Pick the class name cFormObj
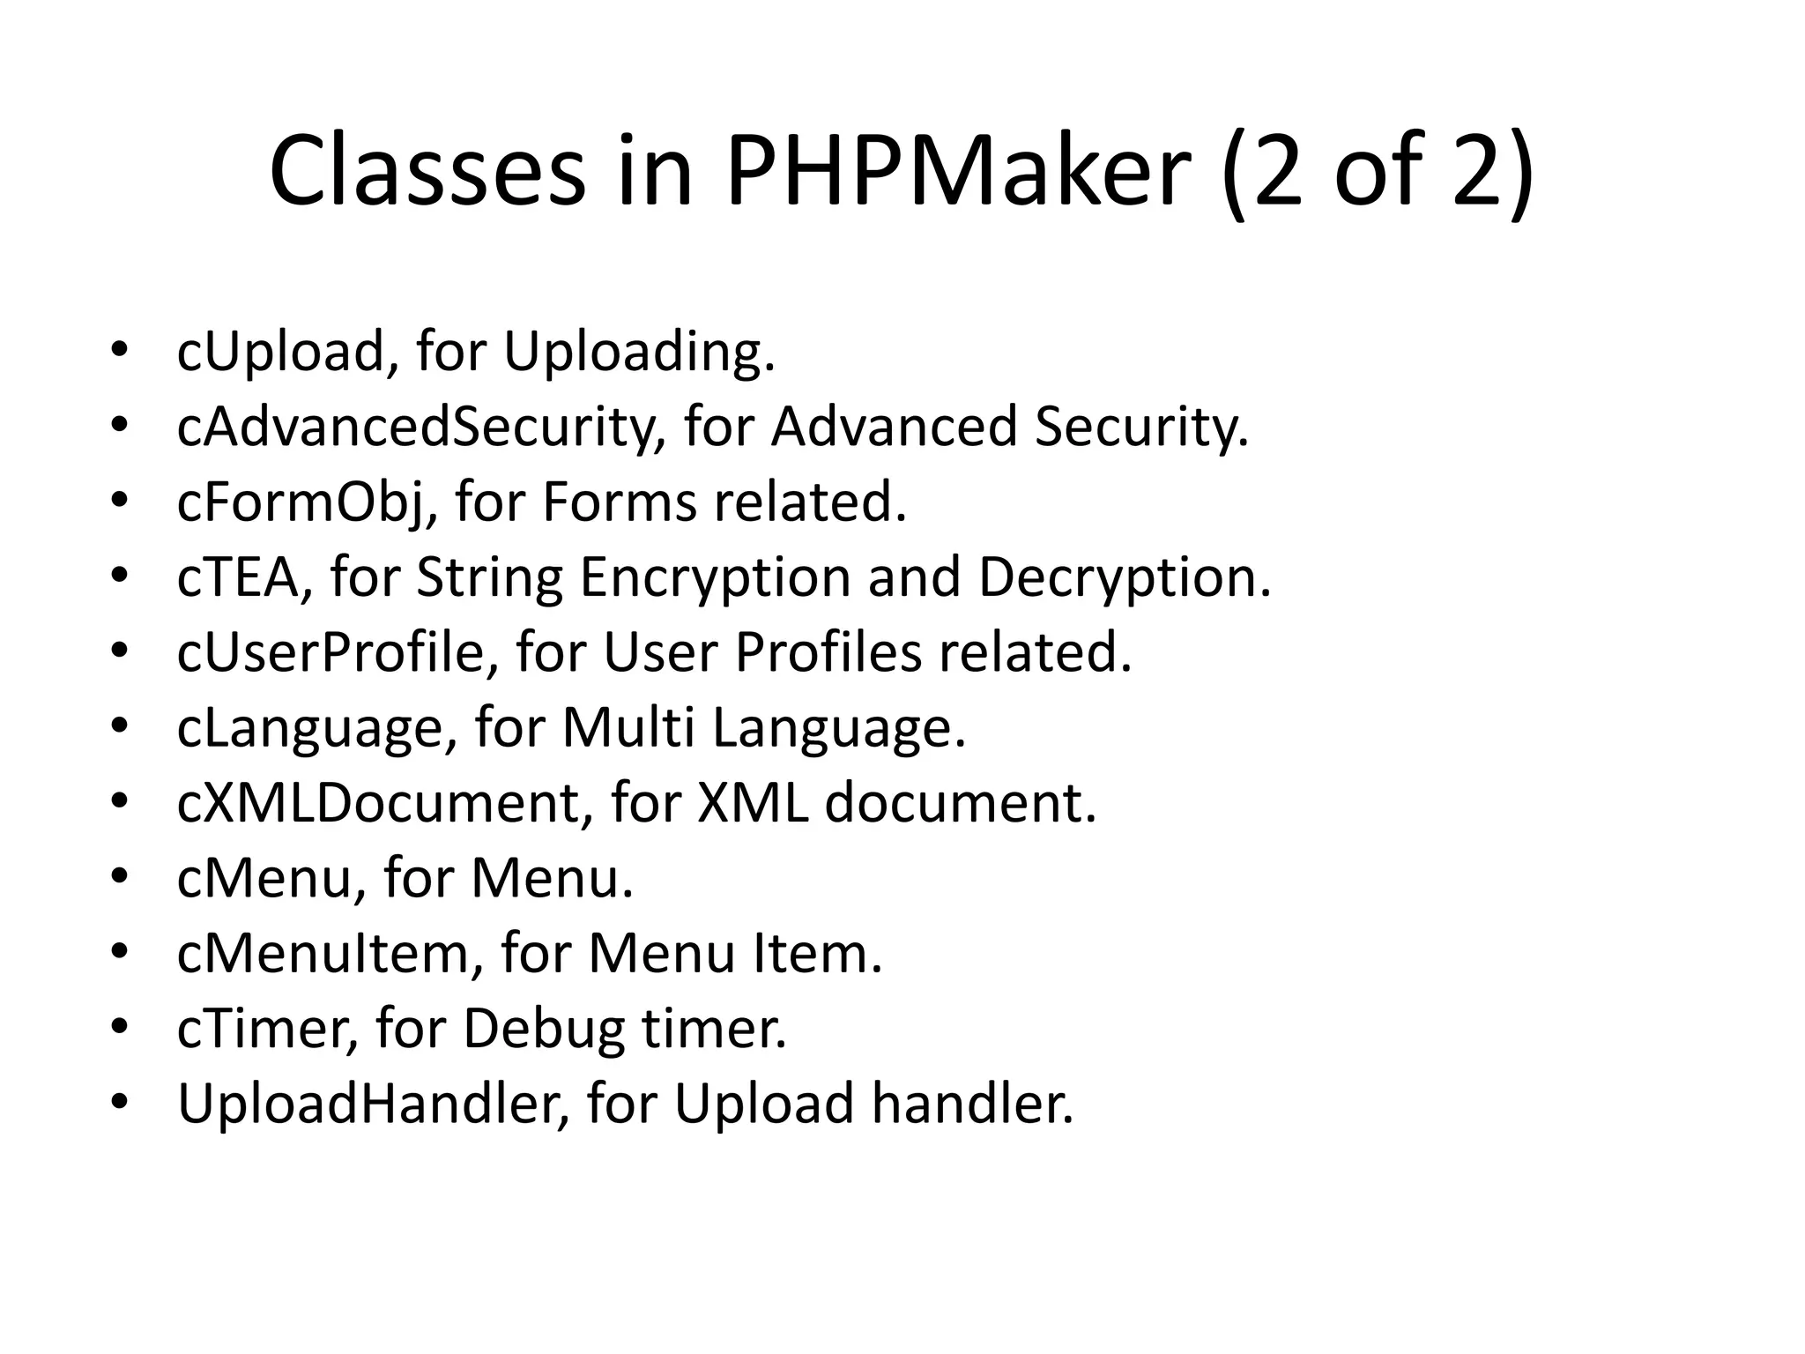[x=306, y=502]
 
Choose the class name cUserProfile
[x=338, y=652]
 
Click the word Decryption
[x=1124, y=577]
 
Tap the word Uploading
[x=639, y=352]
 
